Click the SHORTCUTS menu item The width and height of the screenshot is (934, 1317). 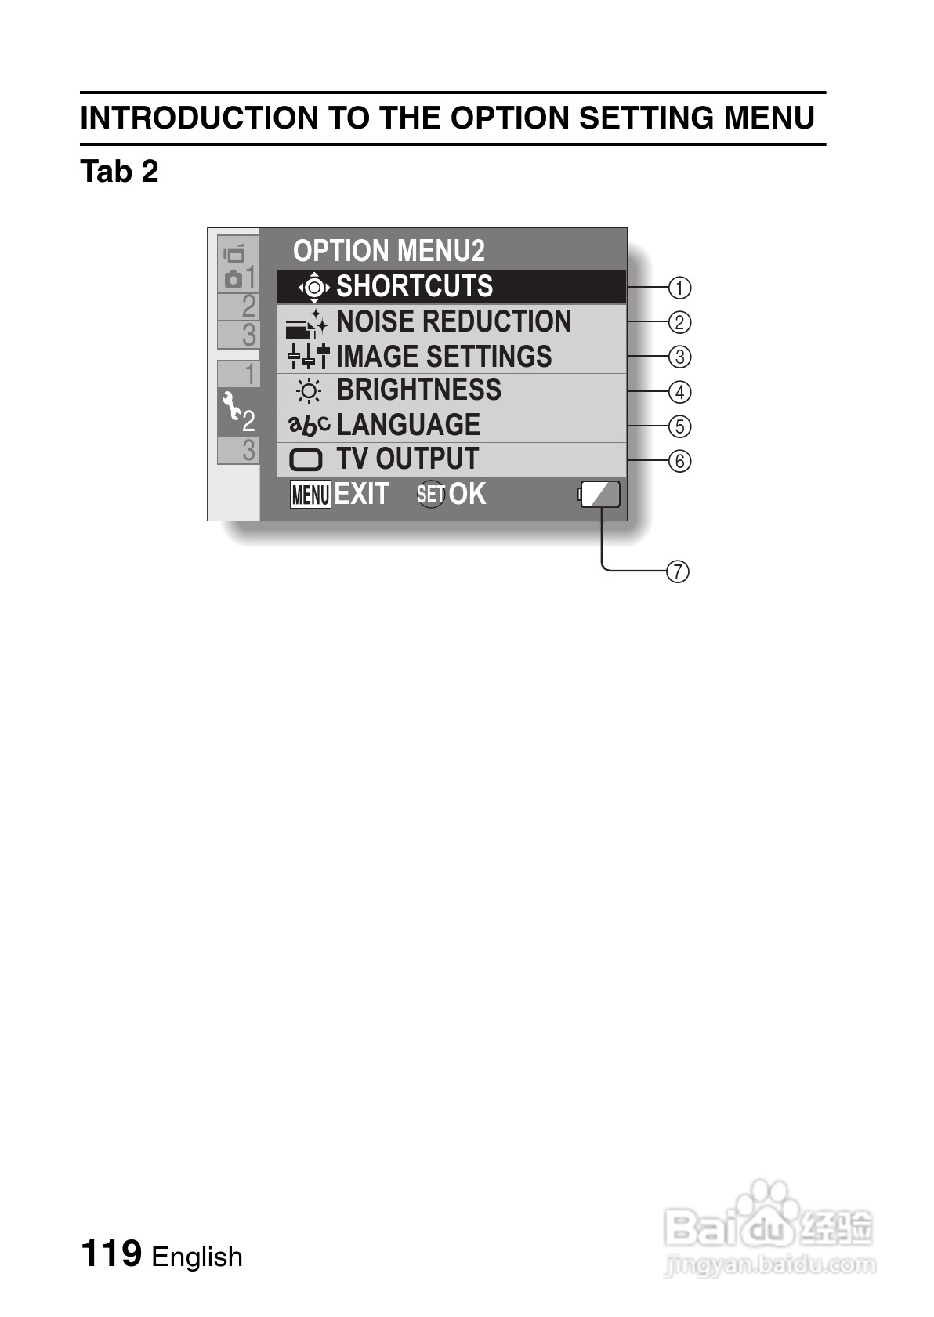[451, 287]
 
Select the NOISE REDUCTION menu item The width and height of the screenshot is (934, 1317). [451, 321]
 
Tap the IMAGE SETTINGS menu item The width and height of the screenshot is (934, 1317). [451, 357]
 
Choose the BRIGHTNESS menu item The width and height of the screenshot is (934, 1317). [451, 390]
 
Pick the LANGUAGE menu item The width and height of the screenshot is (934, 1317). [451, 425]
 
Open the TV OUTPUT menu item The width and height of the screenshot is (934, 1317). [451, 459]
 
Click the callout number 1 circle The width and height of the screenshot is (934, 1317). [679, 288]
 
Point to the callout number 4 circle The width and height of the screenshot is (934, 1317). [679, 392]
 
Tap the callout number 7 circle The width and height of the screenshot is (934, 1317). [678, 571]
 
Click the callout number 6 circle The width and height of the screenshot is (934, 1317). [679, 461]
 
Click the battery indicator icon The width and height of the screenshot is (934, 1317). [600, 495]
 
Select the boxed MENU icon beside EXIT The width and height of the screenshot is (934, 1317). [310, 495]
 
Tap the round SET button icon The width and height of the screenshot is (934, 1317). [430, 495]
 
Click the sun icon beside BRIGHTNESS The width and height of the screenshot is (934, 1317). [309, 390]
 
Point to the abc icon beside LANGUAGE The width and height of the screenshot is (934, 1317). [309, 425]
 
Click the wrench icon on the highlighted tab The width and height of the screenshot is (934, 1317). [230, 405]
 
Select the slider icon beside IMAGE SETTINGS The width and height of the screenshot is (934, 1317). [309, 357]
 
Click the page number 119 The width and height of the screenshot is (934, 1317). [111, 1253]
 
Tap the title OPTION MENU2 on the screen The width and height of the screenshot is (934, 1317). [389, 251]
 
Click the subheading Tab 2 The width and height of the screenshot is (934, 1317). [119, 171]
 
